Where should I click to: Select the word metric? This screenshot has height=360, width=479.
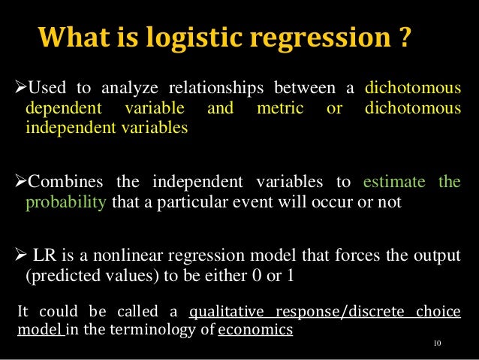coord(280,110)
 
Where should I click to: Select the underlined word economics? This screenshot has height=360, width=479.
coord(255,329)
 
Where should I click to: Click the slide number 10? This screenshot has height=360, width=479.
coord(439,344)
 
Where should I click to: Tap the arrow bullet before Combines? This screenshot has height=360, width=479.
coord(20,184)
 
